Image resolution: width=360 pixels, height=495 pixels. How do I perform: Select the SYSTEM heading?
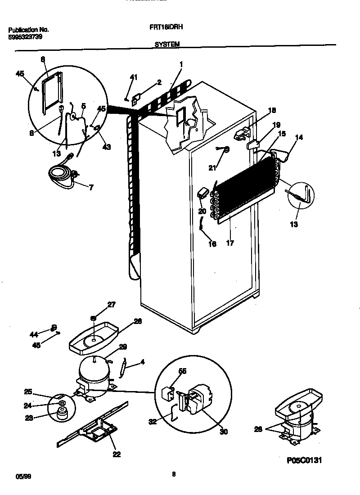point(167,44)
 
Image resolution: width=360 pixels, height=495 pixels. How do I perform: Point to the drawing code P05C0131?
point(304,460)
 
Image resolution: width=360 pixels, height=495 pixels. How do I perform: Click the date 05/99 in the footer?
point(15,475)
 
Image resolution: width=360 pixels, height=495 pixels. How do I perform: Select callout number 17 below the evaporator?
point(230,243)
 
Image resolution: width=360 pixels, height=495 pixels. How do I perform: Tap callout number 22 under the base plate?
point(117,454)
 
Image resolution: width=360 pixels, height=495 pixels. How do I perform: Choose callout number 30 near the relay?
point(224,432)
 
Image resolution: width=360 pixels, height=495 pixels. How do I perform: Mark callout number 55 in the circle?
point(183,371)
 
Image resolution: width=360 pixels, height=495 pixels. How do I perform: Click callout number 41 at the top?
point(133,78)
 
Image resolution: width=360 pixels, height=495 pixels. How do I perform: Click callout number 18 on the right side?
point(271,111)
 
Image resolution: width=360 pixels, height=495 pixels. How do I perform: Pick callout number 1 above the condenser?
point(181,64)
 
